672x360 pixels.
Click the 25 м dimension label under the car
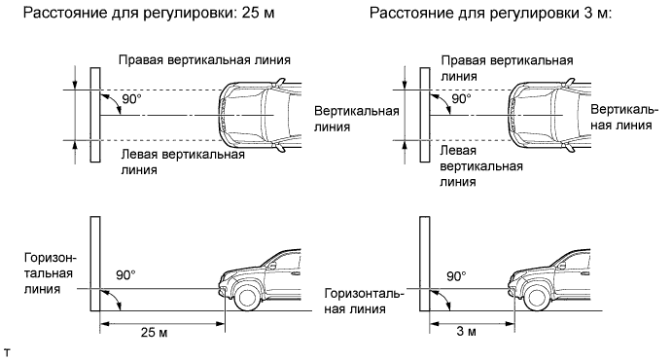pos(154,332)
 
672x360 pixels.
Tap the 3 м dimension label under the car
pos(466,331)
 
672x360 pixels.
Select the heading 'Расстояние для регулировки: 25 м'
pos(148,14)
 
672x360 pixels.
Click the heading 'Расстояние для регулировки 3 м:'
pos(491,14)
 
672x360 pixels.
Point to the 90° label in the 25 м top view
pos(131,99)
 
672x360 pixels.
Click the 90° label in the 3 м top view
pos(461,99)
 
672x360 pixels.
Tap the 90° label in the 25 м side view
pos(125,275)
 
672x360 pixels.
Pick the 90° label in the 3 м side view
pos(456,276)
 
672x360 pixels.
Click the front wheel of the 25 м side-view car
pos(246,298)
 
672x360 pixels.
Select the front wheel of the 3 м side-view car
pos(536,298)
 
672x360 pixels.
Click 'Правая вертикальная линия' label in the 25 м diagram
pos(204,60)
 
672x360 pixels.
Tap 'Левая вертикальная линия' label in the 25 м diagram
pos(183,162)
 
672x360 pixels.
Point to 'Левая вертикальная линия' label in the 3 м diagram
pos(481,165)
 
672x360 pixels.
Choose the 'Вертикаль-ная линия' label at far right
pos(624,117)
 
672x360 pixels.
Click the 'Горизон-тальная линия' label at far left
pos(51,273)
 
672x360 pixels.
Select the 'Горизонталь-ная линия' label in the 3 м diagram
pos(365,302)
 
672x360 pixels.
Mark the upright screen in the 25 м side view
pos(95,263)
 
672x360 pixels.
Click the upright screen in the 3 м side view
pos(425,263)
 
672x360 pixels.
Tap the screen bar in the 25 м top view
pos(95,115)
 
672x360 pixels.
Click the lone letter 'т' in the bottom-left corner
pos(6,353)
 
